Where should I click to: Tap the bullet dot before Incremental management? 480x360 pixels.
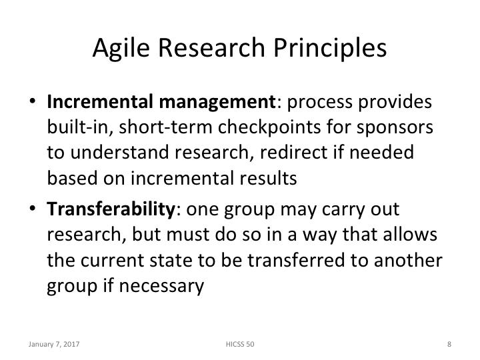pos(32,104)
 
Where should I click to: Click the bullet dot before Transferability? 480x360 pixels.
pos(32,210)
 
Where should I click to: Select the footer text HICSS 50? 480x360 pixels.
pos(240,345)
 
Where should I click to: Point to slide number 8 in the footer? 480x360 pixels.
pos(449,345)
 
